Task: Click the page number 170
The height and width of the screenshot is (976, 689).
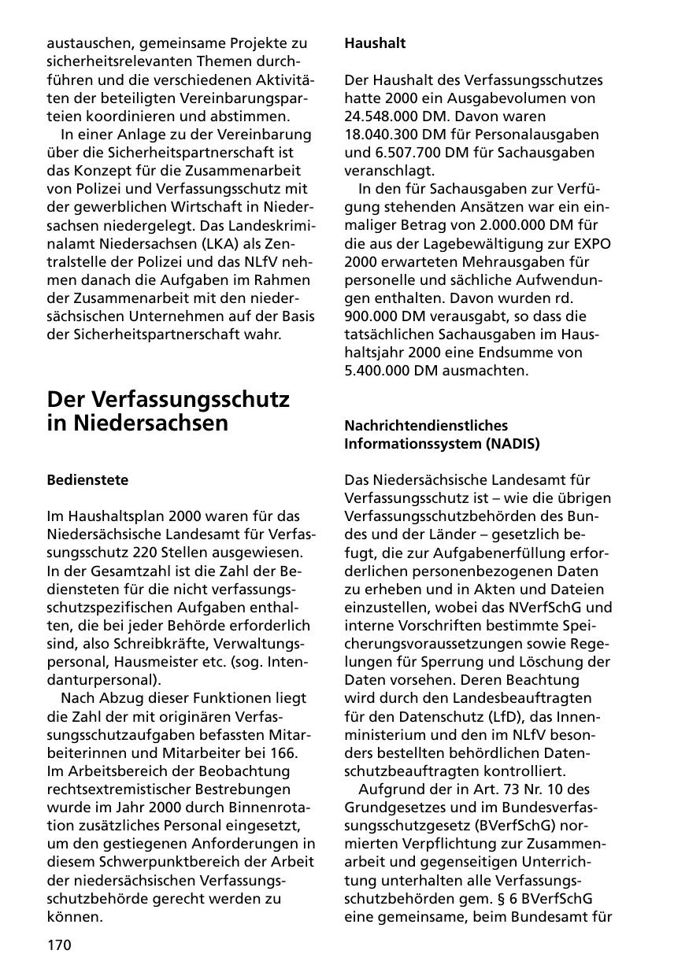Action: [x=59, y=945]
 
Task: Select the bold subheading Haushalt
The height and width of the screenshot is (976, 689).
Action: [x=375, y=44]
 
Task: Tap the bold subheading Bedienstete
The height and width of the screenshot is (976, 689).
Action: [x=87, y=479]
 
